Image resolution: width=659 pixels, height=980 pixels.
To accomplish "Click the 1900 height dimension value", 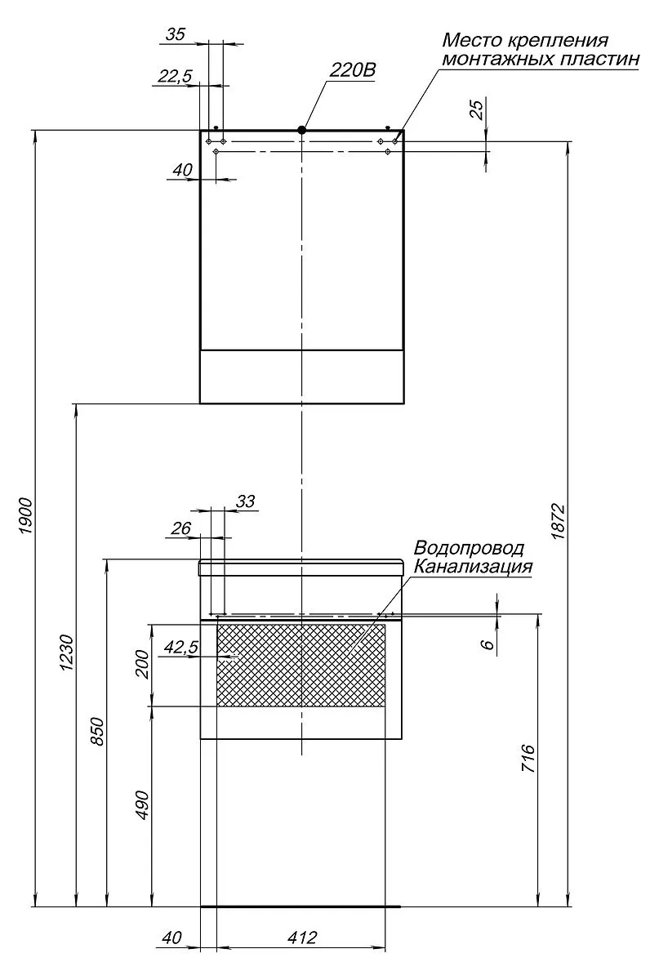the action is click(x=26, y=515).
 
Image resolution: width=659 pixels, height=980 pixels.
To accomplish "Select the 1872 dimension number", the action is click(x=558, y=521).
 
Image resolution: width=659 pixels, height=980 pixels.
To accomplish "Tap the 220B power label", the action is click(x=353, y=70).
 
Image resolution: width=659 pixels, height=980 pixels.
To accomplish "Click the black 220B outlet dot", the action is click(x=301, y=130).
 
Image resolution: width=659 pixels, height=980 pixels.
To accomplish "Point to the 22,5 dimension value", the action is click(x=175, y=76).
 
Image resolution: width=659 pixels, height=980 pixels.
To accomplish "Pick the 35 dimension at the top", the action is click(x=176, y=34).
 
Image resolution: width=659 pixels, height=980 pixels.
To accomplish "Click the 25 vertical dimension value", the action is click(x=477, y=109).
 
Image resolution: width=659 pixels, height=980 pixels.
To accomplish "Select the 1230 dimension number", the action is click(x=68, y=653).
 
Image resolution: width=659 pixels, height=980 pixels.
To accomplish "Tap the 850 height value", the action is click(x=97, y=731).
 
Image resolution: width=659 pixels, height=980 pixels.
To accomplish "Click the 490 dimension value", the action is click(x=142, y=805).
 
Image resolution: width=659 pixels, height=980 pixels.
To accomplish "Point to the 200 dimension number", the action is click(x=142, y=665).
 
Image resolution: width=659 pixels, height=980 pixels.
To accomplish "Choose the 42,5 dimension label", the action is click(x=181, y=647).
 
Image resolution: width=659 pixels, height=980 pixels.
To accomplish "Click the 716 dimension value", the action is click(x=528, y=758).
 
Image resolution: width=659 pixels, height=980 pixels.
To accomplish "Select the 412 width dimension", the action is click(x=302, y=938).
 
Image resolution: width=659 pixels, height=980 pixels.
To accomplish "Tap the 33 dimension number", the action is click(x=246, y=501).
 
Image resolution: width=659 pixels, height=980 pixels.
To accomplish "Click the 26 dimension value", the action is click(x=180, y=528).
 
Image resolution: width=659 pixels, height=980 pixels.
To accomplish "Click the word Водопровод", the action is click(x=469, y=548).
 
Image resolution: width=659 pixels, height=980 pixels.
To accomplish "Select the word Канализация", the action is click(x=473, y=567).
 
